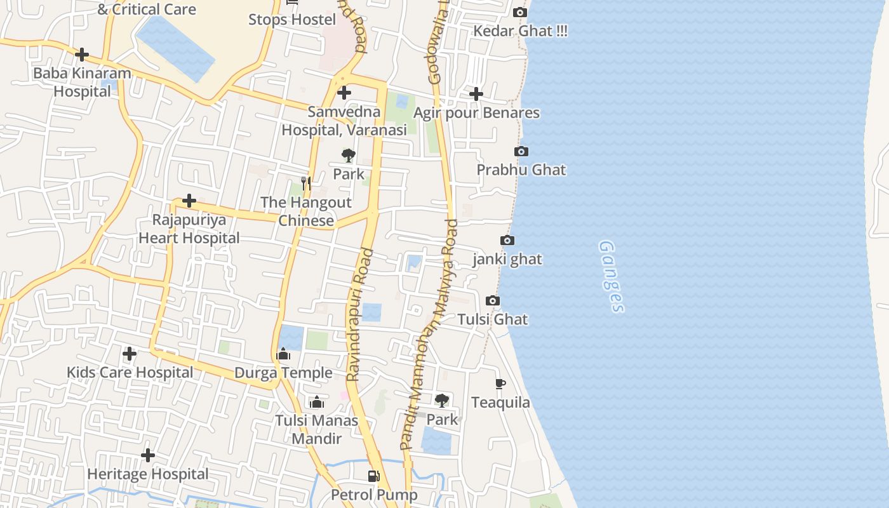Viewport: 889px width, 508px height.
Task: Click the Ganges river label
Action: (x=612, y=276)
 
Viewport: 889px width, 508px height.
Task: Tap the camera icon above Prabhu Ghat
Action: (x=521, y=151)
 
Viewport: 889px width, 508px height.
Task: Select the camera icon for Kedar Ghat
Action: (x=519, y=12)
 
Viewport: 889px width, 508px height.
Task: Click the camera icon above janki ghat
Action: (x=507, y=240)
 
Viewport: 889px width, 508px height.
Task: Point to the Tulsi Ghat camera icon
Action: (x=492, y=300)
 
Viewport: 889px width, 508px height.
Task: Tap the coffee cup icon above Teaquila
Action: (x=500, y=384)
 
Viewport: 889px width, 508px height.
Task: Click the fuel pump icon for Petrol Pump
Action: (x=374, y=476)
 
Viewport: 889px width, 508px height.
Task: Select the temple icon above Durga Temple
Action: (x=284, y=354)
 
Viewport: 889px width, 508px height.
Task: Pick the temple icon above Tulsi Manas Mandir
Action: (x=316, y=401)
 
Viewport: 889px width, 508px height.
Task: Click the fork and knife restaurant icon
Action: (x=306, y=184)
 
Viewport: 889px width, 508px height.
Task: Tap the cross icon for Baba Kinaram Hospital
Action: (x=82, y=55)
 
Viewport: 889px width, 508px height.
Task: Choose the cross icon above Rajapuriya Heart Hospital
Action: (x=189, y=201)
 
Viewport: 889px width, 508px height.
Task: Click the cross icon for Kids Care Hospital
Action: (x=130, y=354)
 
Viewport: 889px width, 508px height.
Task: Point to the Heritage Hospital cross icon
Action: (x=148, y=455)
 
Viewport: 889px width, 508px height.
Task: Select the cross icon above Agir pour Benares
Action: (x=476, y=94)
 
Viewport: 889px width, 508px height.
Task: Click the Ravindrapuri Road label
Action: (x=360, y=315)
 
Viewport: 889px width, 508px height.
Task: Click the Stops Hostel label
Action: (x=292, y=19)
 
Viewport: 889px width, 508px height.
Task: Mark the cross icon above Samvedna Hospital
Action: (x=344, y=93)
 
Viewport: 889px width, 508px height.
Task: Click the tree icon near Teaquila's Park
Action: (x=441, y=401)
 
